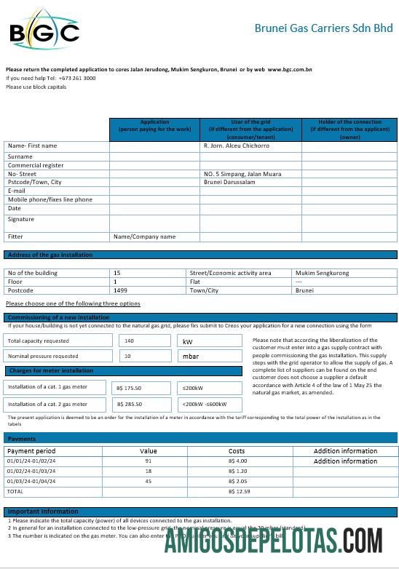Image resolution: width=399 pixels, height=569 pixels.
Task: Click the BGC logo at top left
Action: [x=44, y=31]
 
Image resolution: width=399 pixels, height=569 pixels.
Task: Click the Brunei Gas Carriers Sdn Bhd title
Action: [x=323, y=28]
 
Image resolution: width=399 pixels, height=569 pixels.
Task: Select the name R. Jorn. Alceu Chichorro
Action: [x=237, y=146]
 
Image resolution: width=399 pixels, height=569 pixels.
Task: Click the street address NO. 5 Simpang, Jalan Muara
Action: [x=242, y=174]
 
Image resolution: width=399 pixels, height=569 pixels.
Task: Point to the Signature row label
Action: [x=21, y=219]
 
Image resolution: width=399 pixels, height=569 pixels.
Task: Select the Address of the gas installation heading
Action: [x=50, y=255]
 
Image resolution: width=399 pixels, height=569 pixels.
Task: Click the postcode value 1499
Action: [x=120, y=290]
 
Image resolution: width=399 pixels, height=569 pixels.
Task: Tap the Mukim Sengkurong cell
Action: [x=322, y=273]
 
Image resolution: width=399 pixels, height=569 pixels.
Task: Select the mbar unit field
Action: [x=190, y=357]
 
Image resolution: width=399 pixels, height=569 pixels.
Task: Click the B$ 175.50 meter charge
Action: [x=129, y=389]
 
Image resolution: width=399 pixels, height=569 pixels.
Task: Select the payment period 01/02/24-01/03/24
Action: [x=32, y=471]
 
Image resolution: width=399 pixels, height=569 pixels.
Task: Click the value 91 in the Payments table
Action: [x=149, y=461]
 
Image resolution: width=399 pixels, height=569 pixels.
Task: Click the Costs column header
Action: [x=237, y=451]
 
